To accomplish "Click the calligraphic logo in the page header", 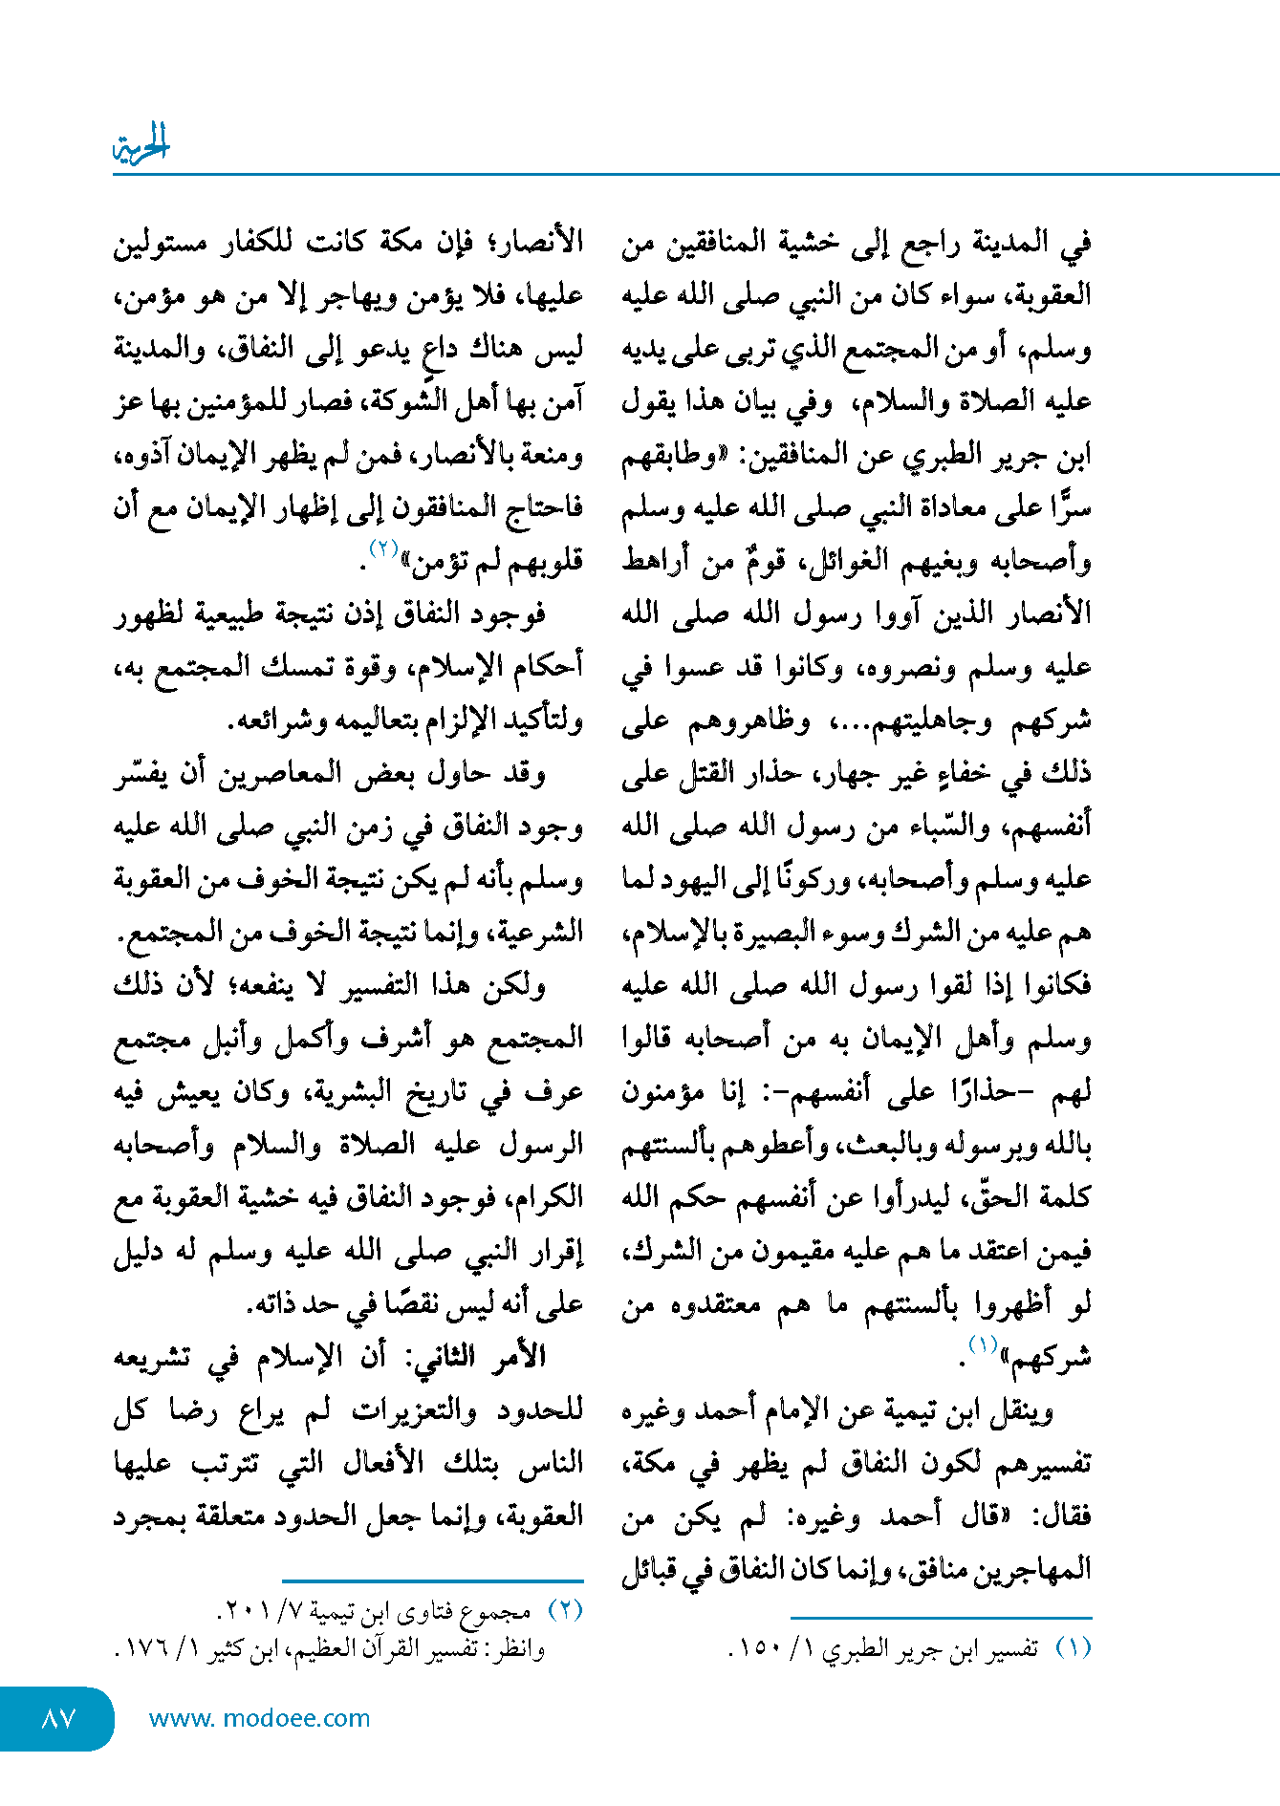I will pos(141,145).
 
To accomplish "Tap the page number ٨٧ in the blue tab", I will pos(58,1718).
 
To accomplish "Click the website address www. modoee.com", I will pos(259,1718).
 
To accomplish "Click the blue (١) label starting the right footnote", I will pos(1073,1648).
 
